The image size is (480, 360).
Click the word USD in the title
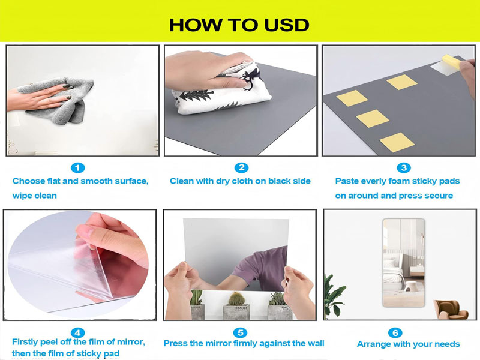pyautogui.click(x=286, y=25)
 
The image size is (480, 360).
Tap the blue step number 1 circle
pyautogui.click(x=78, y=168)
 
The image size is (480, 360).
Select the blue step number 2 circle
pyautogui.click(x=242, y=167)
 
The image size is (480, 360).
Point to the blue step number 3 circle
pyautogui.click(x=403, y=167)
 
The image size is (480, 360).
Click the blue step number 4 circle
pyautogui.click(x=78, y=333)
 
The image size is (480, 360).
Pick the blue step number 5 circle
pyautogui.click(x=241, y=333)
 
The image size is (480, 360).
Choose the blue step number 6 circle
pyautogui.click(x=395, y=333)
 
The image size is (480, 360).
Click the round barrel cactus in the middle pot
pyautogui.click(x=236, y=298)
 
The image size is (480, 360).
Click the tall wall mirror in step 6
pyautogui.click(x=404, y=263)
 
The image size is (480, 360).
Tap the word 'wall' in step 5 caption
pyautogui.click(x=316, y=343)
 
